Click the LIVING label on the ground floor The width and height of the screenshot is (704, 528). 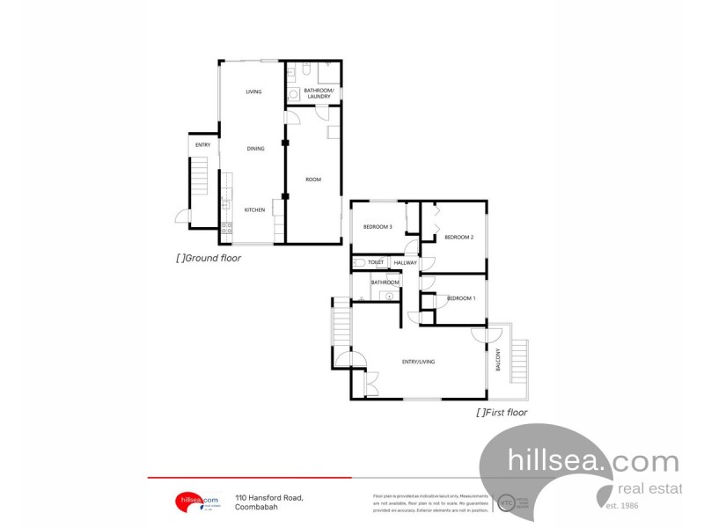pos(253,92)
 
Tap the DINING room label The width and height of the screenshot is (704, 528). pos(255,149)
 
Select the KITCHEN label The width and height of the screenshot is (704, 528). pos(254,209)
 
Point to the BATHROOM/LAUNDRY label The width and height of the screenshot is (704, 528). pos(318,93)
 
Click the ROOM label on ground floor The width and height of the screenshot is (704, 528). pos(313,180)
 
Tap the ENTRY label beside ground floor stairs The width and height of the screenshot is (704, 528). pos(202,144)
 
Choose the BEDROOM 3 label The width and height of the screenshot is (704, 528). pos(378,227)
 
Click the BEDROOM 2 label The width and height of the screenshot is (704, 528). pos(459,237)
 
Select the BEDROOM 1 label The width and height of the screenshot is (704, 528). pos(461,298)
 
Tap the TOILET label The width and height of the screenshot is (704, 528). pos(376,262)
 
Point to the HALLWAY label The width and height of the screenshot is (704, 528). pos(406,262)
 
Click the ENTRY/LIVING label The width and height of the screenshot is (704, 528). pos(419,362)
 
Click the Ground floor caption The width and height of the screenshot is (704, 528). pos(209,259)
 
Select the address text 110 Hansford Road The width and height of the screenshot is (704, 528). pos(268,497)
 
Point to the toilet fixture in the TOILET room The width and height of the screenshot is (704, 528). pos(358,262)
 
